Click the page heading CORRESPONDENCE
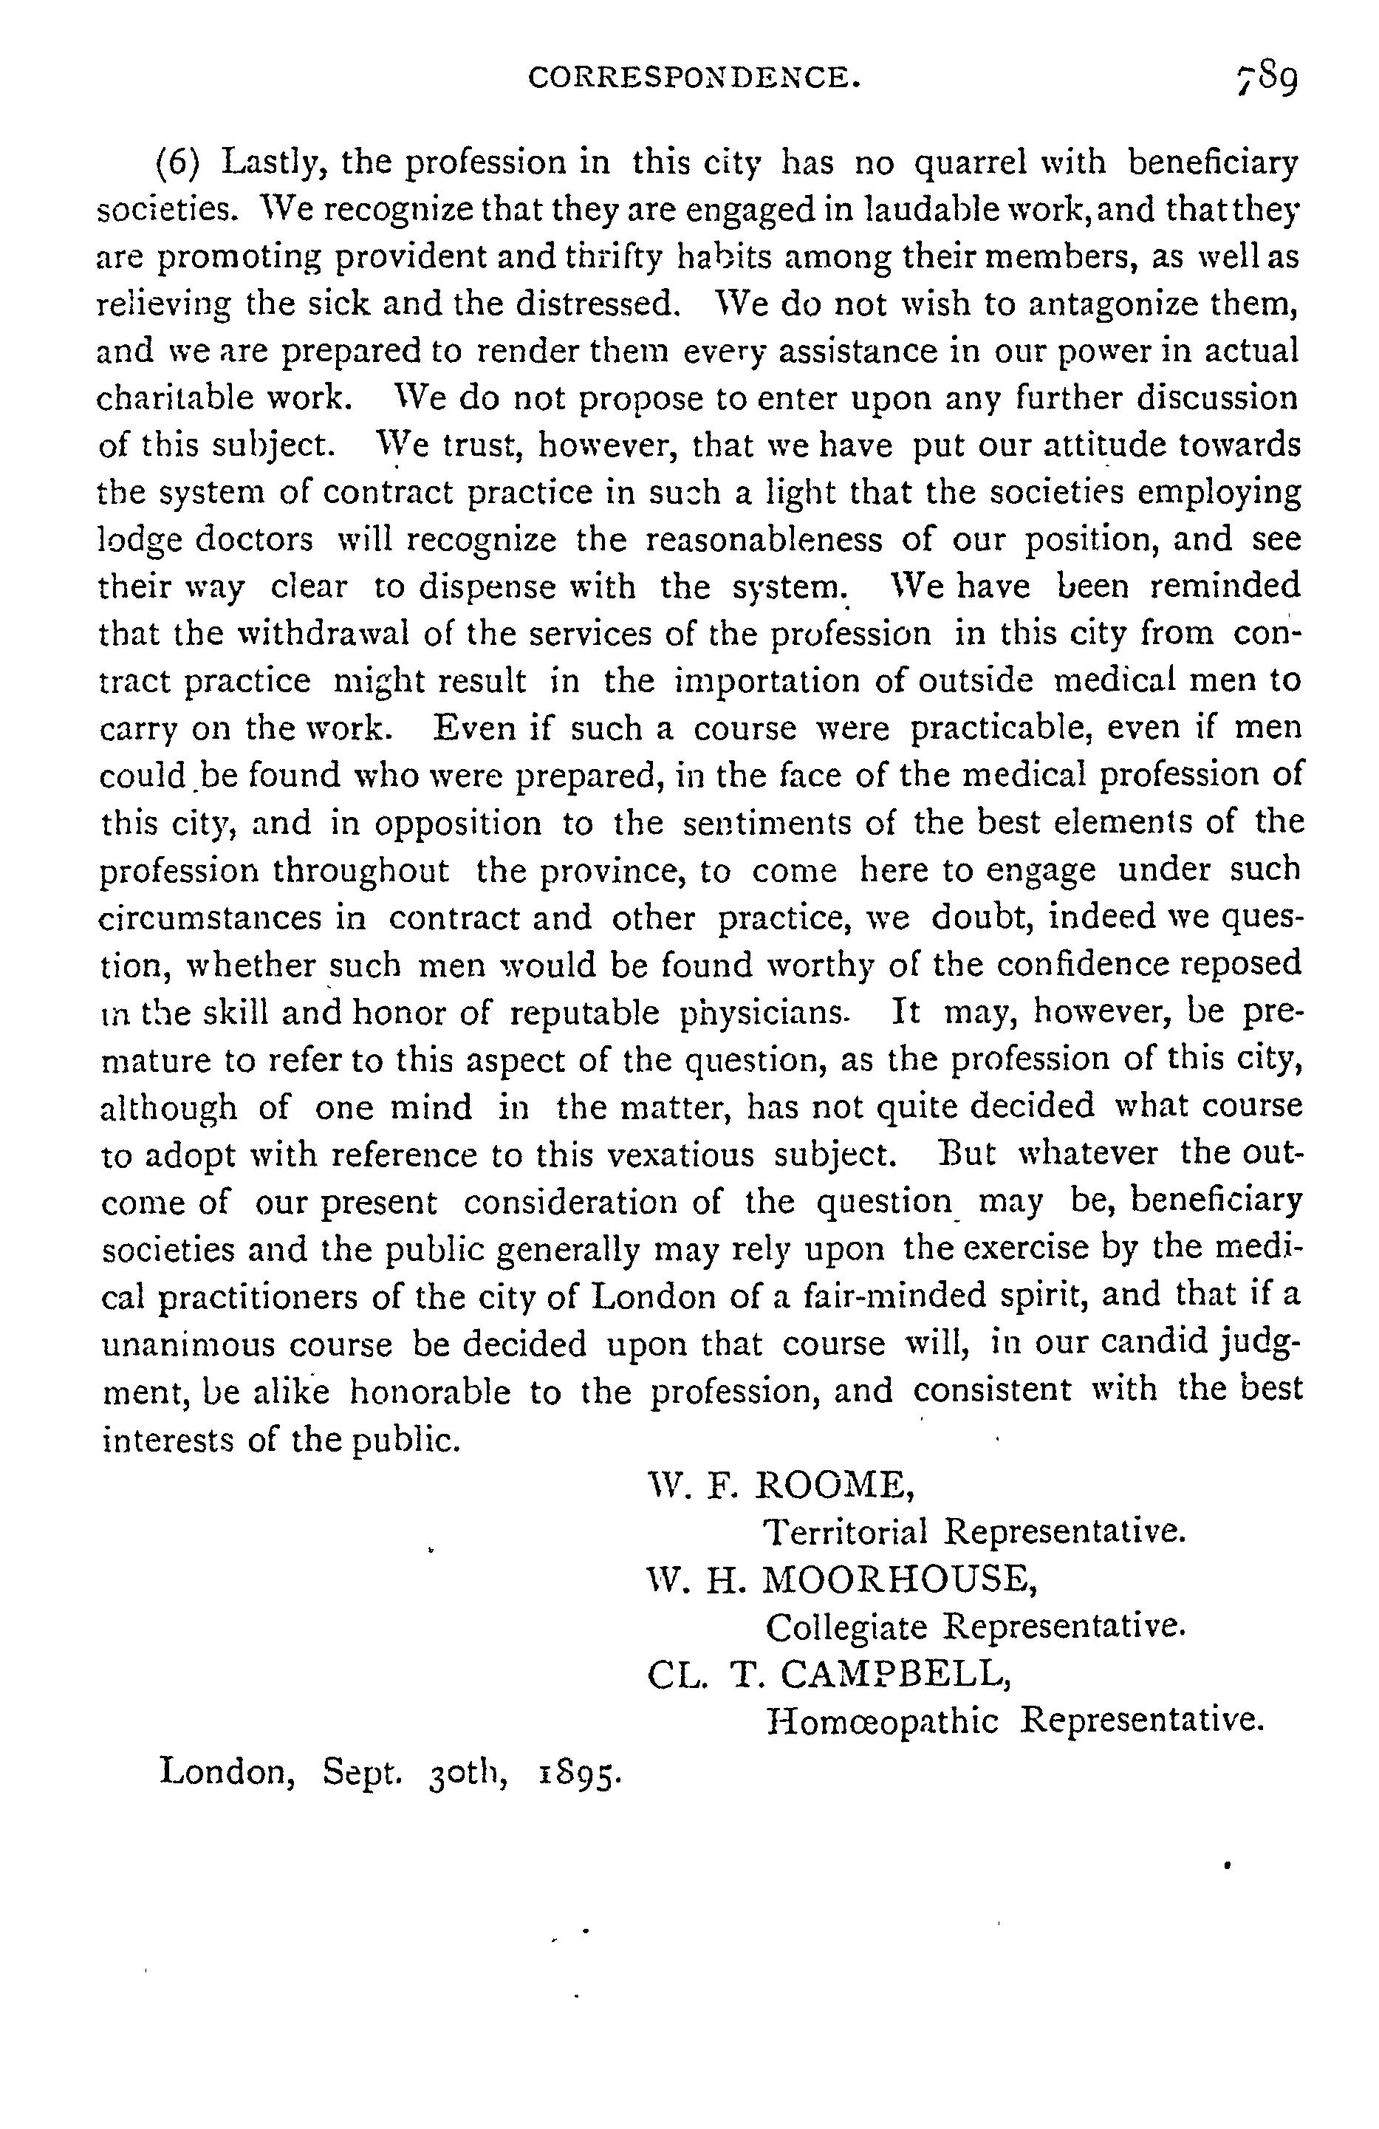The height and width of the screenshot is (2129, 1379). (695, 79)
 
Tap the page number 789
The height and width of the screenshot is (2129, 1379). (1265, 81)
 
